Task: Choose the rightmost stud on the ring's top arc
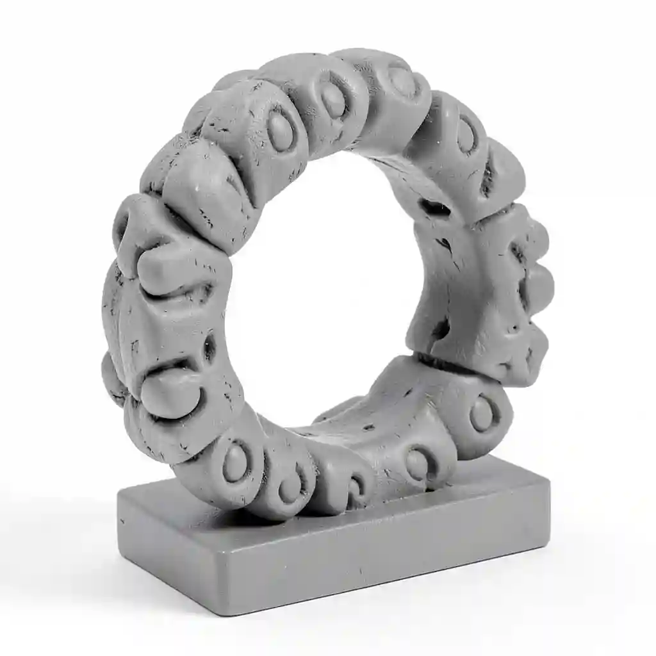click(x=466, y=135)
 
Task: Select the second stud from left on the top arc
click(x=333, y=99)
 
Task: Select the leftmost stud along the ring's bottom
click(x=234, y=462)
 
